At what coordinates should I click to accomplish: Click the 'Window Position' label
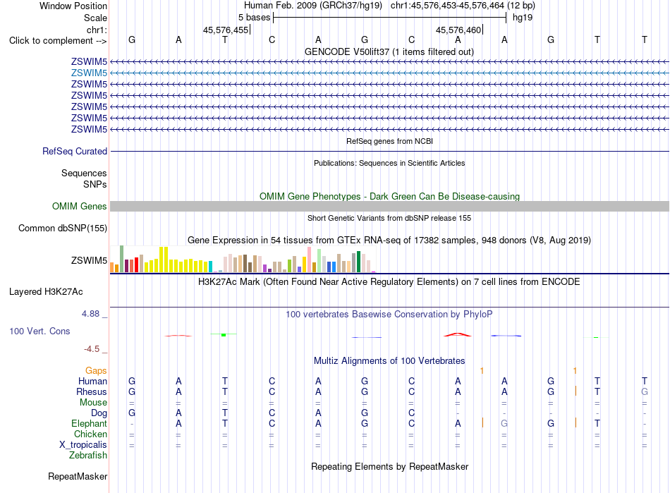tap(73, 6)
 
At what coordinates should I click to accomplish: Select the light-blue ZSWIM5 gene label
tap(89, 73)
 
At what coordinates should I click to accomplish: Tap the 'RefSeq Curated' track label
tap(75, 151)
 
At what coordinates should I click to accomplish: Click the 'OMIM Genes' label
tap(79, 207)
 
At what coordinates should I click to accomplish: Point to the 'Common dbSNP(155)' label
tap(62, 228)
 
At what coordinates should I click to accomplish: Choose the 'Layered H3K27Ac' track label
tap(46, 292)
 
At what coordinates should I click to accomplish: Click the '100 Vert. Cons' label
tap(39, 331)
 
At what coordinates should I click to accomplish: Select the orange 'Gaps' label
tap(96, 371)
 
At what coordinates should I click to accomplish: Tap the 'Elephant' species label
tap(89, 424)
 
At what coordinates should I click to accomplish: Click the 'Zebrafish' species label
tap(88, 456)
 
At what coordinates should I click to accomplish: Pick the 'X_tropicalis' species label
tap(83, 445)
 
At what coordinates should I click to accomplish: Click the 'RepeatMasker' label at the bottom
tap(78, 476)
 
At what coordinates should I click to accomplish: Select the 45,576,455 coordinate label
tap(225, 30)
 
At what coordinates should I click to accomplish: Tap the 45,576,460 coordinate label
tap(458, 30)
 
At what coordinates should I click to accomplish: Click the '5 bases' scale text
tap(254, 18)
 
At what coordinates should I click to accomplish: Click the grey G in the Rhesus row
tap(645, 391)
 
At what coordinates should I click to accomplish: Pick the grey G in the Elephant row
tap(504, 423)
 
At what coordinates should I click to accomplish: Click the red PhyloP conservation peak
tap(458, 334)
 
